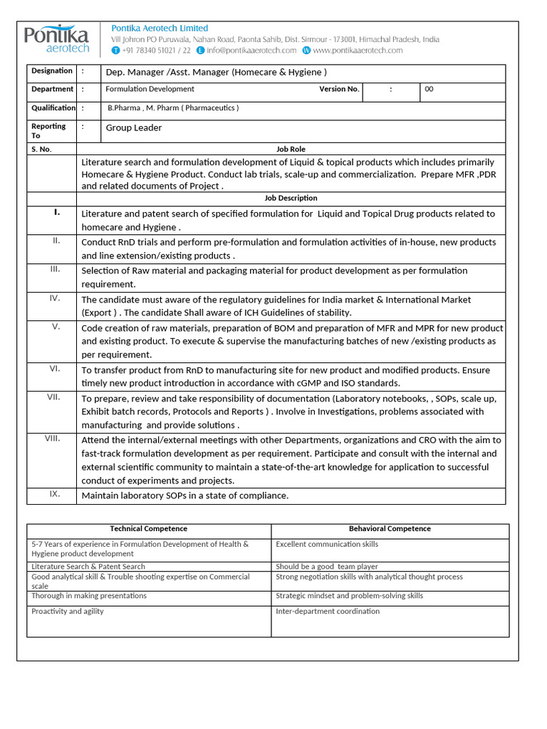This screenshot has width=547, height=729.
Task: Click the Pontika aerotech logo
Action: (57, 39)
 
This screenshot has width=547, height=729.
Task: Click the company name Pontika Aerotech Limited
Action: (160, 28)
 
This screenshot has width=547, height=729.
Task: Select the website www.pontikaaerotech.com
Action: (357, 51)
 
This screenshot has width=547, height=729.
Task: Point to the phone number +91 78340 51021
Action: (151, 51)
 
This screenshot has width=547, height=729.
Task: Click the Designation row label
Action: (51, 71)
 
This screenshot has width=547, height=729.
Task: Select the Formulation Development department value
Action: (150, 89)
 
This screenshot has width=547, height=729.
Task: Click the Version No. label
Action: (339, 89)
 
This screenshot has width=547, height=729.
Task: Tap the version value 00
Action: (429, 90)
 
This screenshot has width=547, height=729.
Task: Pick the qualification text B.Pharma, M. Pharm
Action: (173, 108)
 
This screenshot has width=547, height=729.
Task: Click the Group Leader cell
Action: (134, 128)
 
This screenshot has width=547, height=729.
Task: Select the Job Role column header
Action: (291, 150)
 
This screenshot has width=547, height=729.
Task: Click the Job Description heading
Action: (291, 199)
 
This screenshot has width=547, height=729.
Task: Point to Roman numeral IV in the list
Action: (55, 298)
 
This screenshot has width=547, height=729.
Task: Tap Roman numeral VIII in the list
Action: (52, 439)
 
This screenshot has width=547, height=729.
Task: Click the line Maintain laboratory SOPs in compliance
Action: (185, 496)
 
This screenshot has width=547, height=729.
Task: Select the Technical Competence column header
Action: (149, 529)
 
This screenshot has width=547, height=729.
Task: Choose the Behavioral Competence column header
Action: (390, 529)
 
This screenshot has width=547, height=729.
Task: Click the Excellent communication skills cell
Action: (327, 545)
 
